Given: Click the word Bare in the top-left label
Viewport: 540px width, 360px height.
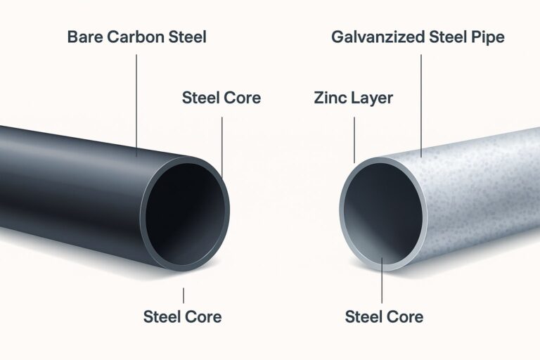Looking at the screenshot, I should click(84, 37).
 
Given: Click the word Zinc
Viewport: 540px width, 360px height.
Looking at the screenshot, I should click(330, 98).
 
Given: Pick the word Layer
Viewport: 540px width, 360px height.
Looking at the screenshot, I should click(371, 98).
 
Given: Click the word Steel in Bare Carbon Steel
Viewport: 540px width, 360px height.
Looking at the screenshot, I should click(185, 37).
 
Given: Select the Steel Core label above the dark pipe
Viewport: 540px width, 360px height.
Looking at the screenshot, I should click(221, 98).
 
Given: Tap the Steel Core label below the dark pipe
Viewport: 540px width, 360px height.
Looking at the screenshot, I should click(182, 316).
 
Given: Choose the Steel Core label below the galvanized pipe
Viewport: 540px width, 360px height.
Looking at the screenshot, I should click(384, 316).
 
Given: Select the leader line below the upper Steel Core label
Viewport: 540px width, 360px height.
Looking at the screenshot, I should click(222, 144).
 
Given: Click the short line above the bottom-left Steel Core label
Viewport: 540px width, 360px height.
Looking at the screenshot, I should click(184, 295).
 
